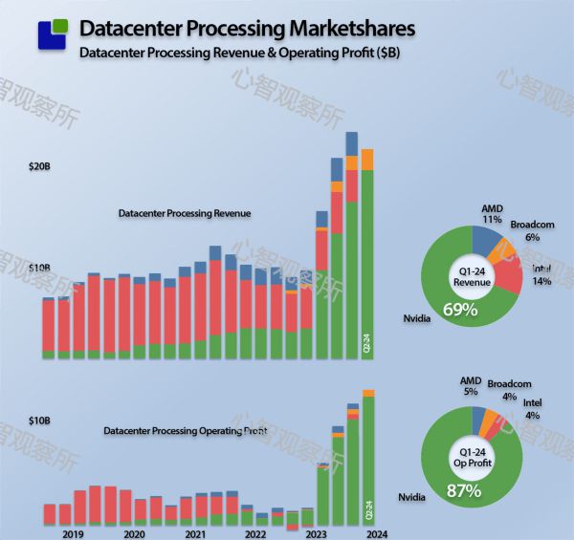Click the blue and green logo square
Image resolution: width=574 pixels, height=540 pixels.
click(x=53, y=33)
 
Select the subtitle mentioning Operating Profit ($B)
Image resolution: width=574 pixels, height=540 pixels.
click(x=239, y=53)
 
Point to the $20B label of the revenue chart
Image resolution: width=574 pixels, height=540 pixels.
click(x=39, y=167)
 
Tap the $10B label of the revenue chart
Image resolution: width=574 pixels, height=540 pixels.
click(x=39, y=269)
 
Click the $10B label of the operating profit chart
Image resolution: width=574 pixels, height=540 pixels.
click(x=39, y=421)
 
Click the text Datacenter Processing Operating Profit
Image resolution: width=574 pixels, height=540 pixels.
click(x=186, y=431)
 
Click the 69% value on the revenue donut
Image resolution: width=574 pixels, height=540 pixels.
click(x=460, y=309)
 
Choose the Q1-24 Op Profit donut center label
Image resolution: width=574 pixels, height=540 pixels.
click(x=472, y=456)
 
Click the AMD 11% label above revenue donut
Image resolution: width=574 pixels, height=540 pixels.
click(x=493, y=213)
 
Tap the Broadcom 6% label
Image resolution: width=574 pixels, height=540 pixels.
click(x=532, y=230)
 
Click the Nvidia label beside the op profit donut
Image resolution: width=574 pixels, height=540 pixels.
click(x=413, y=498)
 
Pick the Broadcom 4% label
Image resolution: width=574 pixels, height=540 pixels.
click(x=508, y=390)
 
